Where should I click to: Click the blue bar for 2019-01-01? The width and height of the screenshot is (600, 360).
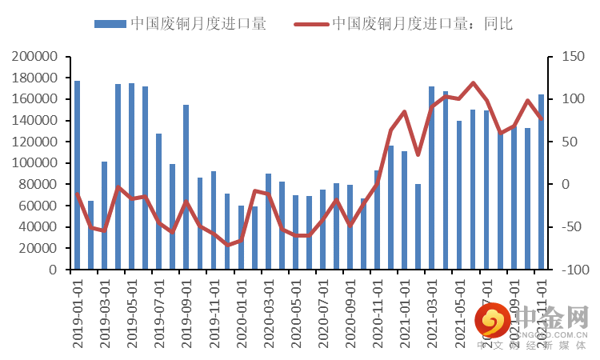(77, 175)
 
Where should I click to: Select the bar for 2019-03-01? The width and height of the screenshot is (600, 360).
(104, 215)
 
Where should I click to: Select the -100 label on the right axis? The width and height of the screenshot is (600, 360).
(569, 270)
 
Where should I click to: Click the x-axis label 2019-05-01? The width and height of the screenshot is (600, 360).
(131, 313)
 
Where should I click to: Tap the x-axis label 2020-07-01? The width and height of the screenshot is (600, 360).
(322, 313)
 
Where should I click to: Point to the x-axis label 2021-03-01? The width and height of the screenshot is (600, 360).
(432, 313)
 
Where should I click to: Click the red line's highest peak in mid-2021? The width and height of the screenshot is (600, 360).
(473, 82)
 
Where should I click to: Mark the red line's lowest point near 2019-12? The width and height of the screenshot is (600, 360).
(227, 245)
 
